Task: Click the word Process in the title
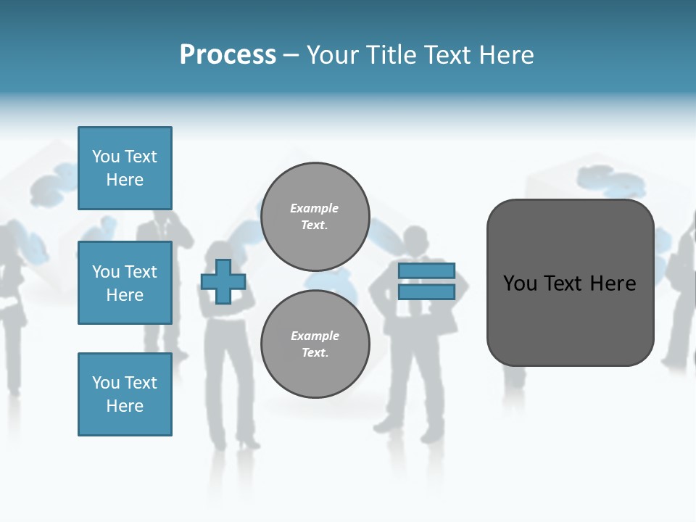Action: coord(228,55)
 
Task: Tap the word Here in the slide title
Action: coord(506,55)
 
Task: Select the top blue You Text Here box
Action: coord(125,168)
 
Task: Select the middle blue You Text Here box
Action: coord(125,283)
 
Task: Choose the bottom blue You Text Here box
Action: coord(125,394)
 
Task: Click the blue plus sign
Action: coord(223,281)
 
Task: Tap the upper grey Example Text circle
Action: coord(315,217)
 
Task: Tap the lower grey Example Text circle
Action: coord(315,344)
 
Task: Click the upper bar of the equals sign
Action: coord(426,271)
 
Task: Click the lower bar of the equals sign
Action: coord(426,292)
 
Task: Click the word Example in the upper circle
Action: coord(315,208)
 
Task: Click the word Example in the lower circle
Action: coord(315,336)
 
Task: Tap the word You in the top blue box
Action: coord(105,157)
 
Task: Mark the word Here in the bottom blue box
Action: coord(125,406)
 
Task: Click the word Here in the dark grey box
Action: coord(613,283)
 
